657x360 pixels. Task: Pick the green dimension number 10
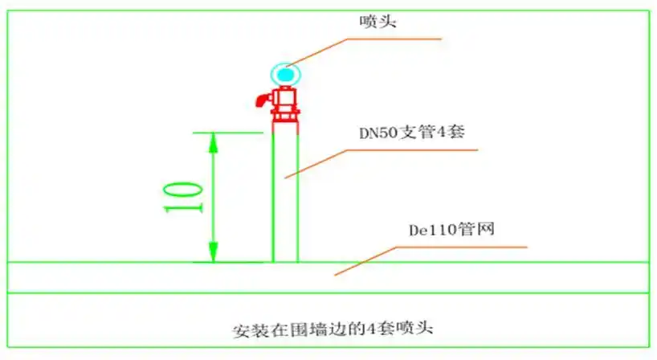coord(182,197)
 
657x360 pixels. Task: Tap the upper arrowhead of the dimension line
coord(214,143)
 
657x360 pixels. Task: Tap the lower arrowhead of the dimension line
coord(214,252)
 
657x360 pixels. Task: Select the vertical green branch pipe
coord(285,193)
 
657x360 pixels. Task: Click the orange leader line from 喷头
coord(369,51)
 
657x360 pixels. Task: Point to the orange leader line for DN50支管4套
coord(377,161)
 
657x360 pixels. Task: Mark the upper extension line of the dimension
coord(228,132)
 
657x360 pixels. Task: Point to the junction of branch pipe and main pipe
coord(285,262)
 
